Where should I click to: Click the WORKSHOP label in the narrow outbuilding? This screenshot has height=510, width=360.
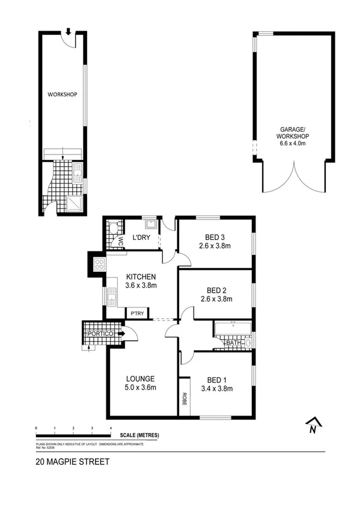click(63, 94)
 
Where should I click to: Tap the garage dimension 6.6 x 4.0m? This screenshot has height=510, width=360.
click(293, 143)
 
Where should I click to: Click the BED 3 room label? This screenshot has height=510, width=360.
click(215, 236)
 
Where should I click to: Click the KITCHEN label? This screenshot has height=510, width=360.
click(141, 277)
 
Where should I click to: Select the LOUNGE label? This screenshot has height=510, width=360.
click(141, 379)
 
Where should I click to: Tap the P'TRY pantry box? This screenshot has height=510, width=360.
click(133, 313)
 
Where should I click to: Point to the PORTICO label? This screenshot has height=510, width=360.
click(99, 334)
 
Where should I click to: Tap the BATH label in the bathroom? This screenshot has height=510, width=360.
click(233, 343)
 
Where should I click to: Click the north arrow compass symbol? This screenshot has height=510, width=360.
click(312, 426)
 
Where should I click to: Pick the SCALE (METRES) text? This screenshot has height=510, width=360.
click(139, 435)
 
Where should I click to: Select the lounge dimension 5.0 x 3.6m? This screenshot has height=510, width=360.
click(141, 388)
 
